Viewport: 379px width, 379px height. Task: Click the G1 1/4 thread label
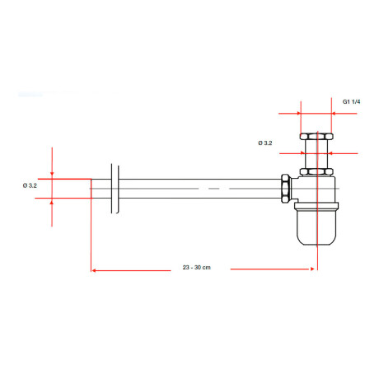pyautogui.click(x=351, y=101)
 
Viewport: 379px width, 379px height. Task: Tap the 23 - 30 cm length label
pyautogui.click(x=197, y=267)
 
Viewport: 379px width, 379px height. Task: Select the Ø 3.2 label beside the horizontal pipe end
pyautogui.click(x=30, y=185)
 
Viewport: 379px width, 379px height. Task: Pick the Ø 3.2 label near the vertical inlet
pyautogui.click(x=265, y=143)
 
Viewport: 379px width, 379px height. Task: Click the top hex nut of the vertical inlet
pyautogui.click(x=316, y=136)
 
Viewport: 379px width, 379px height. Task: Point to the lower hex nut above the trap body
pyautogui.click(x=316, y=171)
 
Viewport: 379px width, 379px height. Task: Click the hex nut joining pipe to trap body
pyautogui.click(x=286, y=189)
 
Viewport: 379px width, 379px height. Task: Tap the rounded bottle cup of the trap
pyautogui.click(x=316, y=227)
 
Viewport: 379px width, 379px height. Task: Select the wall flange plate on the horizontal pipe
pyautogui.click(x=115, y=189)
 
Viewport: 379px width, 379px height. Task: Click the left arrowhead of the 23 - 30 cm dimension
pyautogui.click(x=93, y=270)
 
